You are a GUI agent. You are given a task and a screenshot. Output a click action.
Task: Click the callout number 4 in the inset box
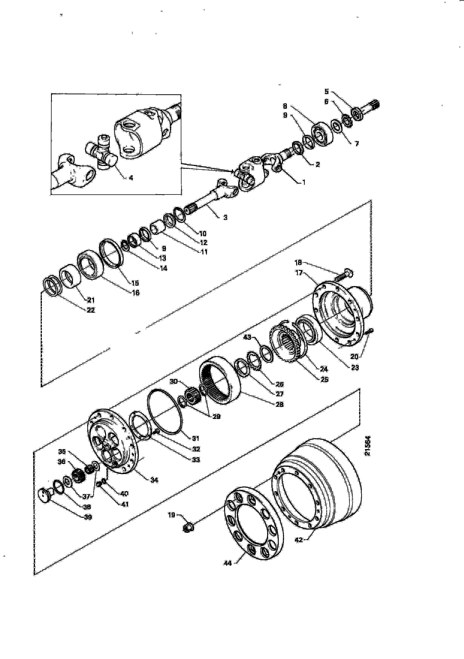pyautogui.click(x=131, y=178)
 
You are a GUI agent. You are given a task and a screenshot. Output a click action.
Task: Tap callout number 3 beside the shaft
pyautogui.click(x=225, y=218)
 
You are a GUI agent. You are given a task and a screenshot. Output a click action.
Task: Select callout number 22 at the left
pyautogui.click(x=91, y=310)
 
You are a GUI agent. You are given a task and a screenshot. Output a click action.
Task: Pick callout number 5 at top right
pyautogui.click(x=327, y=91)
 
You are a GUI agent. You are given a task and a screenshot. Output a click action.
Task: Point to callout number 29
pyautogui.click(x=216, y=417)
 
